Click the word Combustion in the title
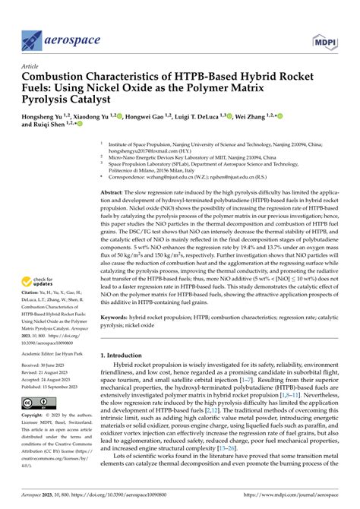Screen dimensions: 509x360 tap(60, 77)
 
